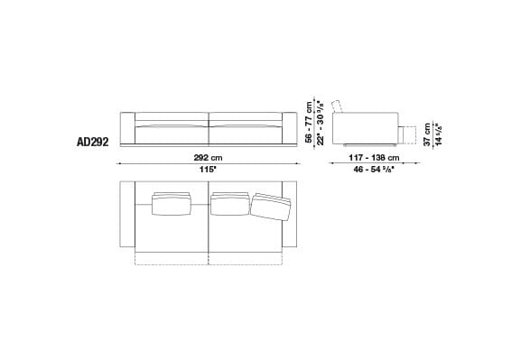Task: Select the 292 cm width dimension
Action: [208, 157]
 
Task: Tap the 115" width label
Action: [208, 169]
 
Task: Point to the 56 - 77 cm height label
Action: [310, 121]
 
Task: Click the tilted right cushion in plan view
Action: [273, 208]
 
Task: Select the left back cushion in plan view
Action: [172, 204]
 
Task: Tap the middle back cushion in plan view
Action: [229, 204]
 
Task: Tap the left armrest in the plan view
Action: [127, 215]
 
